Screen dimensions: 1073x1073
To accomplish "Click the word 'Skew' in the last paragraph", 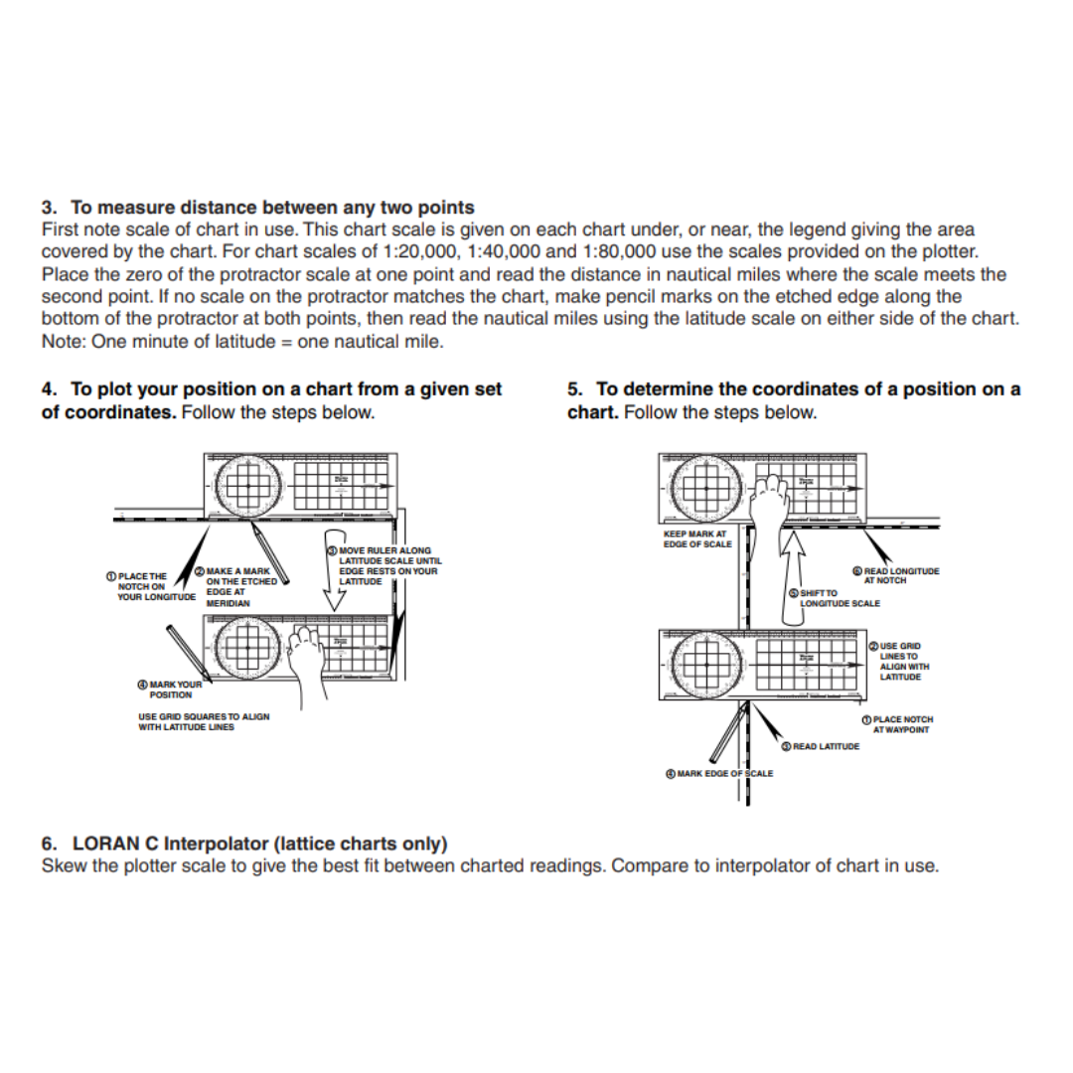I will [x=62, y=865].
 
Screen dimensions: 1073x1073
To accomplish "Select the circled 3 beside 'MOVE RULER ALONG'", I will [x=332, y=549].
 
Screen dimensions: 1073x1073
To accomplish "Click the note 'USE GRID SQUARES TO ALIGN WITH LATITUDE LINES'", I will [x=203, y=721].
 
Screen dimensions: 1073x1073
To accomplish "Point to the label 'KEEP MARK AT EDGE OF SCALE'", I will [x=696, y=538].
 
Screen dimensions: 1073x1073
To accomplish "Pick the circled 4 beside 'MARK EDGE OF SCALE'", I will [x=670, y=773].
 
